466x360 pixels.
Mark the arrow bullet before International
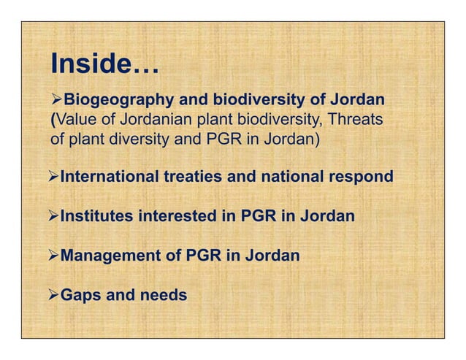[52, 177]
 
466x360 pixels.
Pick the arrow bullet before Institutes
[52, 217]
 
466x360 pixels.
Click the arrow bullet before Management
[52, 256]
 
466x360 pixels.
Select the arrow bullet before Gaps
[52, 296]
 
